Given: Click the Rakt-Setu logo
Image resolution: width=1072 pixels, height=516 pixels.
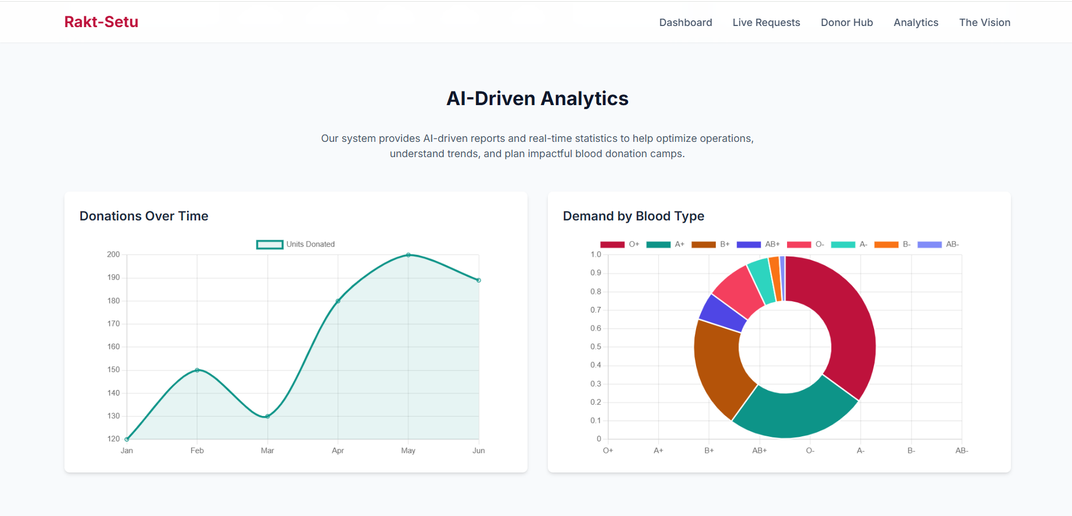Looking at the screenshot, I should tap(101, 22).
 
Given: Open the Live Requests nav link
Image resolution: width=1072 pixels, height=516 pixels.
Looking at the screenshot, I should tap(766, 23).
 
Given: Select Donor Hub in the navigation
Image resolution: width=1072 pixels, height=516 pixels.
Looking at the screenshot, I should tap(846, 23).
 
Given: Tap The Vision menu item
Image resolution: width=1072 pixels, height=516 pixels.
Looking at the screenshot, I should tap(984, 23).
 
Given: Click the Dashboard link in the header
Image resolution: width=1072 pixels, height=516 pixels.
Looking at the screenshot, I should tap(685, 23).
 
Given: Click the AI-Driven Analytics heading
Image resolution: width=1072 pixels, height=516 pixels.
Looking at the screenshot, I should tap(537, 98).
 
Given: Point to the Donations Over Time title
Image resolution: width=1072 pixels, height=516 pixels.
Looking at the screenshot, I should tap(144, 216).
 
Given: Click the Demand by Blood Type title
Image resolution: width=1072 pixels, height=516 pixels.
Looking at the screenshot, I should tap(633, 216).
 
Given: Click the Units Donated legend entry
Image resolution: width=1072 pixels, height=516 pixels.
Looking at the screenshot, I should tap(296, 244).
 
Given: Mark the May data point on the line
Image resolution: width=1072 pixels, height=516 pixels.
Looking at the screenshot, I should tap(408, 255).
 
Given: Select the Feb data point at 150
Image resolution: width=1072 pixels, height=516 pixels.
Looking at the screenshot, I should tap(197, 370).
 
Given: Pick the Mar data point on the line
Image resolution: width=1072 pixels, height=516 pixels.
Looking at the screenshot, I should tap(267, 417).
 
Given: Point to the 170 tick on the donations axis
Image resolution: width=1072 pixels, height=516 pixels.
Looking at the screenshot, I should tap(114, 324).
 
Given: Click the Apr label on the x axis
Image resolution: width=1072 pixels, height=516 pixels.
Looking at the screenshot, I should tap(338, 450).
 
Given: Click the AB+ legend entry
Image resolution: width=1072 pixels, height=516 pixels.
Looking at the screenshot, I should tap(758, 244).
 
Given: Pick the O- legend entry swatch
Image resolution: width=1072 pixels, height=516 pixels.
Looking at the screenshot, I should tap(799, 244).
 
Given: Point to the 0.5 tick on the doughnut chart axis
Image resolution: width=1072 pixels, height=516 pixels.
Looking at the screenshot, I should tap(596, 347).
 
